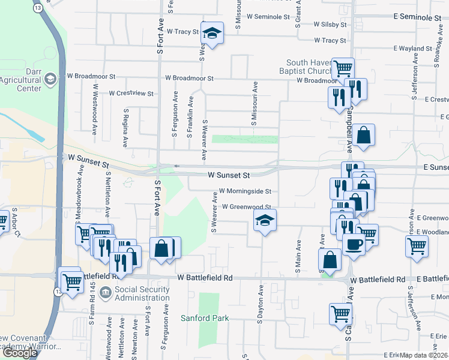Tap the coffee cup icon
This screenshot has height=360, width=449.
[x=354, y=244]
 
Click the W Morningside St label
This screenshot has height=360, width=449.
[x=246, y=191]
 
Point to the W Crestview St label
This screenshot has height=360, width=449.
[x=131, y=94]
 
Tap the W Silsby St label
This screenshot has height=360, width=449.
[x=331, y=25]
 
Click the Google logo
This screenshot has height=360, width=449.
[x=20, y=353]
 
